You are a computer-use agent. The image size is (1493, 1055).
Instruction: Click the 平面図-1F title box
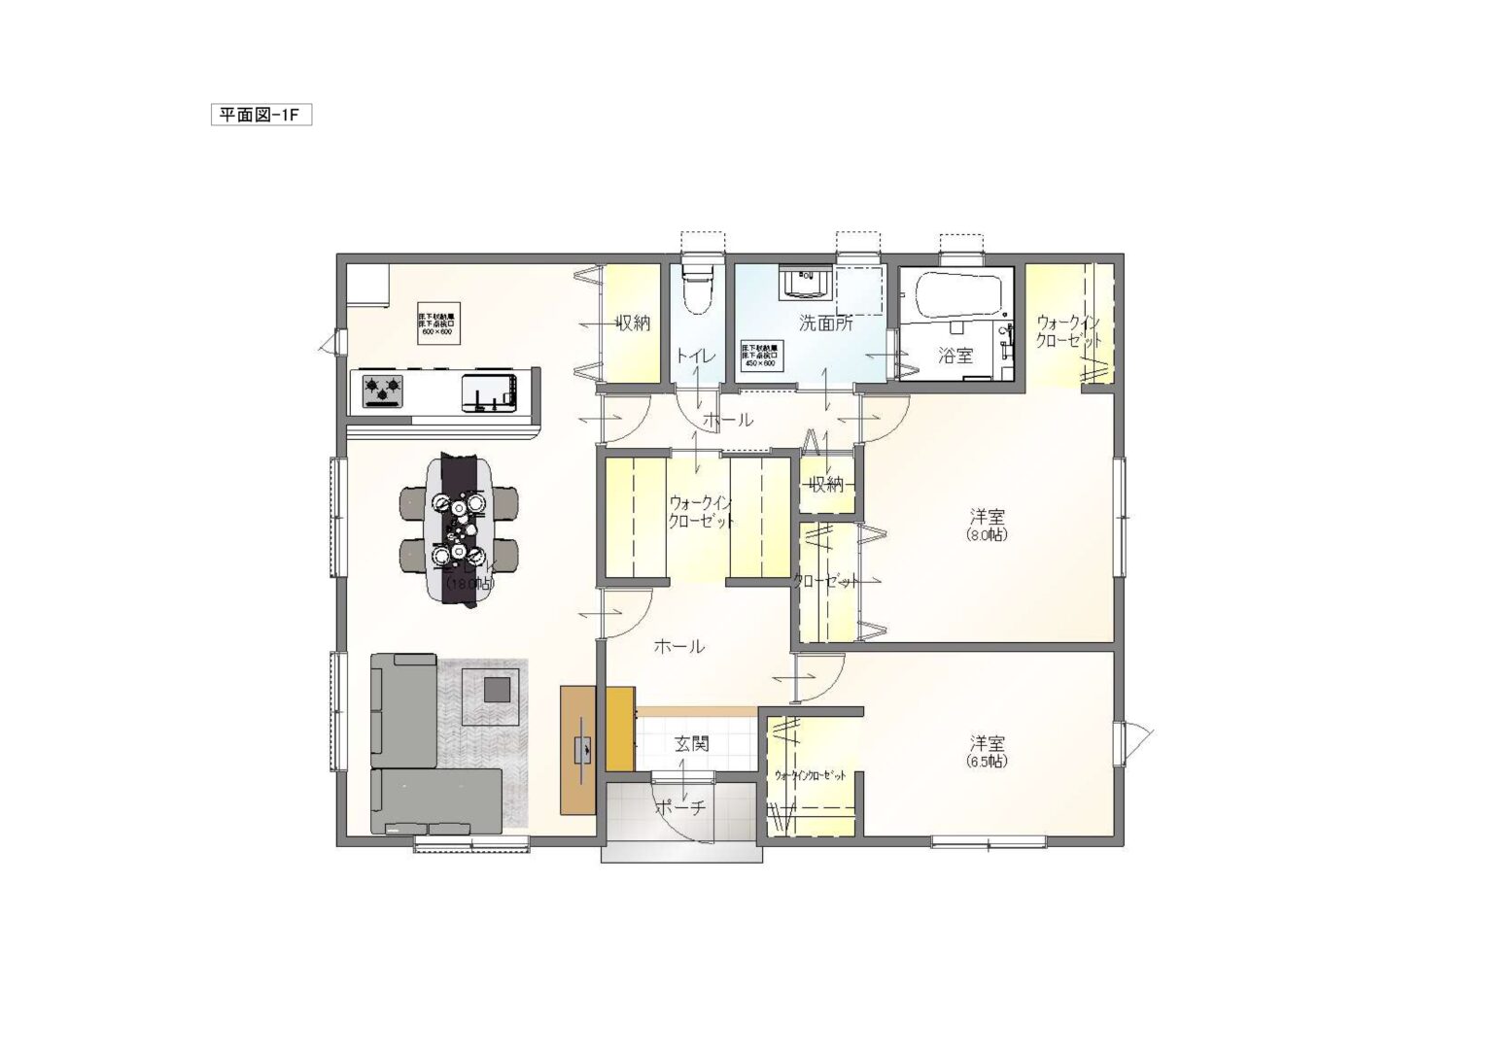pyautogui.click(x=260, y=116)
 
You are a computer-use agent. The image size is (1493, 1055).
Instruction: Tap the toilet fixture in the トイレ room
pyautogui.click(x=697, y=287)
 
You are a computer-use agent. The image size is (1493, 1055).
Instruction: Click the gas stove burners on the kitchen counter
pyautogui.click(x=382, y=391)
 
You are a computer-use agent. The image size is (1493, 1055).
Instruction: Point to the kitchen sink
pyautogui.click(x=490, y=392)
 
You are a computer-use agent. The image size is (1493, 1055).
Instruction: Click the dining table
pyautogui.click(x=459, y=529)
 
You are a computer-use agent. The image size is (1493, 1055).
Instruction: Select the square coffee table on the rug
pyautogui.click(x=498, y=689)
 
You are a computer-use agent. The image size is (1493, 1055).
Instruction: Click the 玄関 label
pyautogui.click(x=691, y=744)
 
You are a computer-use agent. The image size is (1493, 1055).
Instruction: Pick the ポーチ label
pyautogui.click(x=679, y=807)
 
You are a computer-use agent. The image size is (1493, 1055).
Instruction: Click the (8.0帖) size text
pyautogui.click(x=986, y=534)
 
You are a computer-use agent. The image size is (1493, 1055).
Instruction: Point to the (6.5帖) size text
pyautogui.click(x=987, y=762)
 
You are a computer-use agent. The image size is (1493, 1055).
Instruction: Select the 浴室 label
pyautogui.click(x=955, y=356)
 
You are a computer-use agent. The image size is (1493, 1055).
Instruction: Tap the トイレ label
pyautogui.click(x=696, y=357)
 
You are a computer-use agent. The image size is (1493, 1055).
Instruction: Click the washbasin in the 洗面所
pyautogui.click(x=805, y=282)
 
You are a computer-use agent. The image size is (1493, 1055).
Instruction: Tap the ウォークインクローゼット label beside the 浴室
pyautogui.click(x=1068, y=331)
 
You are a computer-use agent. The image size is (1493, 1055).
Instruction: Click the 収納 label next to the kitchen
pyautogui.click(x=633, y=323)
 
